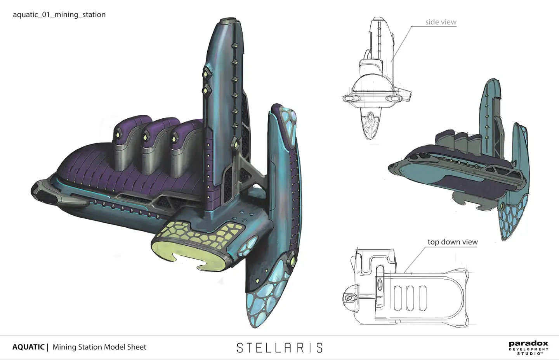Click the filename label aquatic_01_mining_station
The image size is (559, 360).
pyautogui.click(x=59, y=15)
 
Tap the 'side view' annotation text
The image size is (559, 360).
pyautogui.click(x=441, y=22)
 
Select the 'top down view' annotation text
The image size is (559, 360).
pyautogui.click(x=452, y=242)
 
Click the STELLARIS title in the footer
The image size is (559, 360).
pyautogui.click(x=279, y=348)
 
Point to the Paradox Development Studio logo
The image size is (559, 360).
pyautogui.click(x=528, y=348)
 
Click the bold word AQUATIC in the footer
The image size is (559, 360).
pyautogui.click(x=28, y=347)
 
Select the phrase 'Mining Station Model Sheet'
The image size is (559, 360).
pyautogui.click(x=99, y=347)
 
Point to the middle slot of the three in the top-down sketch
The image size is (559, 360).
pyautogui.click(x=410, y=298)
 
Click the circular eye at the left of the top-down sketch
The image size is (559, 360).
pyautogui.click(x=351, y=298)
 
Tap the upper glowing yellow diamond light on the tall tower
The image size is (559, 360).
pyautogui.click(x=205, y=73)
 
